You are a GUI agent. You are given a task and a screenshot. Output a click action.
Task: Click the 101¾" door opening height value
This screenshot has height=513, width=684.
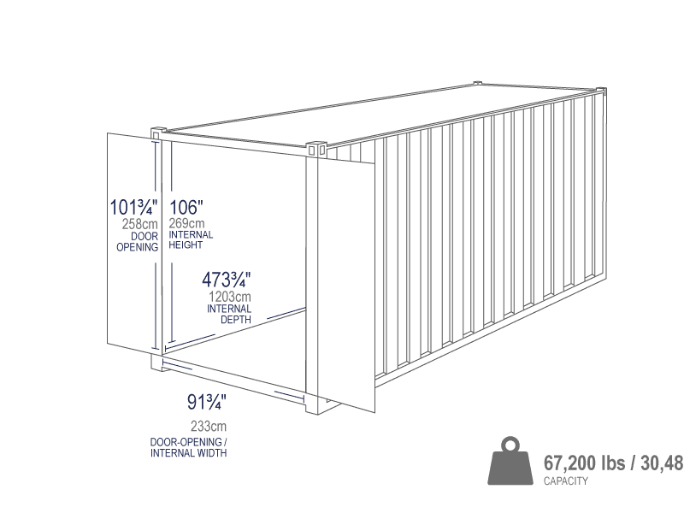(x=133, y=207)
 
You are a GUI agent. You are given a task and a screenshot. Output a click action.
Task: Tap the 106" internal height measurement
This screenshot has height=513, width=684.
(x=186, y=207)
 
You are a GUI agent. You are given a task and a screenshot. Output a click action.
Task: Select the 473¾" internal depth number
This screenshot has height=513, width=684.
(x=227, y=280)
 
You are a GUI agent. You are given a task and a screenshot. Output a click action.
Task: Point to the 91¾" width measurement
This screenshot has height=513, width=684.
(x=207, y=402)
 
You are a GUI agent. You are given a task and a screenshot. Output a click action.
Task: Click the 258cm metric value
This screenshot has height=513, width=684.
(x=139, y=224)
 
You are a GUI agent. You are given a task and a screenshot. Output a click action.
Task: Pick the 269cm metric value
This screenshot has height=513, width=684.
(x=186, y=223)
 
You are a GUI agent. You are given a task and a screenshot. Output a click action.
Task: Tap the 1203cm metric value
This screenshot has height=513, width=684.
(x=230, y=297)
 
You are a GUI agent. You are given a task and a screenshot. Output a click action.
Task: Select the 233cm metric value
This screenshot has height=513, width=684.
(x=209, y=426)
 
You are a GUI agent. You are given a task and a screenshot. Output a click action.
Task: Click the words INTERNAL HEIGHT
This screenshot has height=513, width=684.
(x=191, y=240)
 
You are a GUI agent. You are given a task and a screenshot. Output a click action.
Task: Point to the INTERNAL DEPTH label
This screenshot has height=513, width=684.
(x=229, y=314)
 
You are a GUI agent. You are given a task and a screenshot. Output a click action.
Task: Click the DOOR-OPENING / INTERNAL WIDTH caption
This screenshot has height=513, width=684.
(x=188, y=447)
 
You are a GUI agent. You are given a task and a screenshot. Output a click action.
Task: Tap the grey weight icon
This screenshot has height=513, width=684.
(x=510, y=461)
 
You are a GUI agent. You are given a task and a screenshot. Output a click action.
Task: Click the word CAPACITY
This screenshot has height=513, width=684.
(x=566, y=481)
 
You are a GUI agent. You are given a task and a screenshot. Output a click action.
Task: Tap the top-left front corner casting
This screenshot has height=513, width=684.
(x=159, y=133)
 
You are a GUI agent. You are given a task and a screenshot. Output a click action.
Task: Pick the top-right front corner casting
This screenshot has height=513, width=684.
(x=316, y=149)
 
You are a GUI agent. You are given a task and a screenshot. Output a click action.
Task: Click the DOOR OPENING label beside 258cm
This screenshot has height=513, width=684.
(x=138, y=242)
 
